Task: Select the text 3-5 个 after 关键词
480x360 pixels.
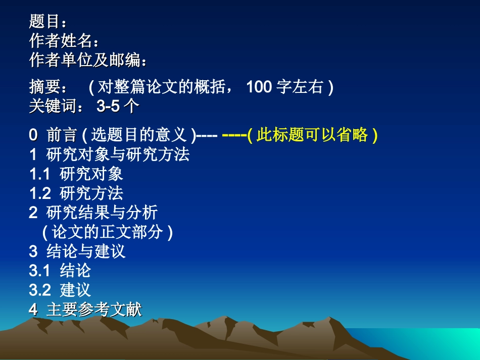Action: coord(118,107)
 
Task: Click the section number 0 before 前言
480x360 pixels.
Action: coord(33,135)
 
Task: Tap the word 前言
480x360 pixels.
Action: coord(62,135)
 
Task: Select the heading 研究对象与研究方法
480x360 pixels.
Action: coord(117,155)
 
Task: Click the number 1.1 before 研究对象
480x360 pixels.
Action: coord(39,174)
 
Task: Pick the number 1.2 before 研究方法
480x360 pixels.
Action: coord(39,193)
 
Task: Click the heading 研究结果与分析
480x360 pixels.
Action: coord(102,213)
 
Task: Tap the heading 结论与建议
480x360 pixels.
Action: coord(85,251)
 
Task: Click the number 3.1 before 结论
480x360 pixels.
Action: coord(39,271)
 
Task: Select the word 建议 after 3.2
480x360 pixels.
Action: coord(75,290)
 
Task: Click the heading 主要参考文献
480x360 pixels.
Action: coord(94,310)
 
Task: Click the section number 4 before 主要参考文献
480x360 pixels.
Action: coord(33,310)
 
